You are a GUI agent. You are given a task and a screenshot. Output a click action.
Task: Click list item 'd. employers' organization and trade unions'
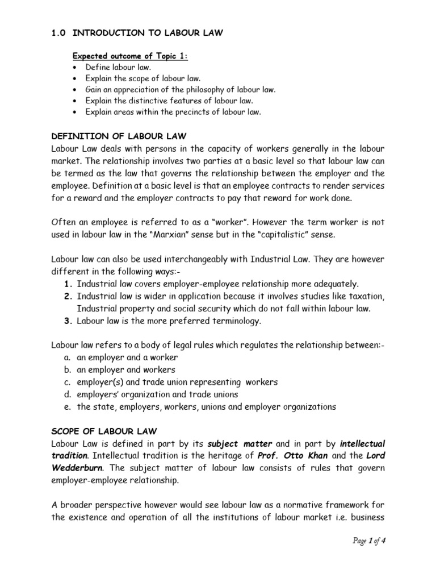point(150,394)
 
